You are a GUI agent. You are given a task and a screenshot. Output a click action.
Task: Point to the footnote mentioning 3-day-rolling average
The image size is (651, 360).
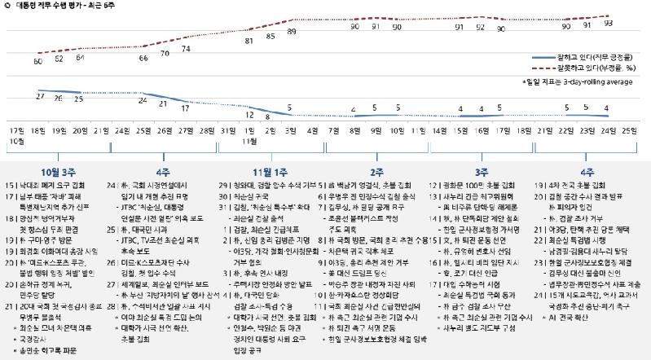[x=577, y=82]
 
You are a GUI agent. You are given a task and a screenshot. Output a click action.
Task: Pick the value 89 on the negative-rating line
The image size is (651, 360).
[x=292, y=30]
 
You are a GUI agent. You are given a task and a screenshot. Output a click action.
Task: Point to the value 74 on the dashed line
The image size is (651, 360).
[x=186, y=49]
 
